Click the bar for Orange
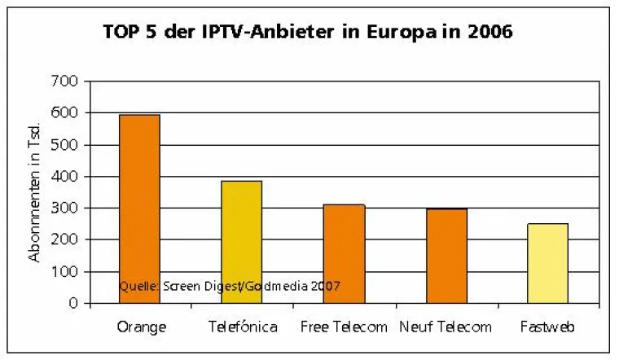(x=139, y=209)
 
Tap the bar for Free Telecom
(x=344, y=253)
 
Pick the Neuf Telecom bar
(x=446, y=256)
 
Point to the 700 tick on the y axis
(x=66, y=81)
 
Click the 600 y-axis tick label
(x=66, y=113)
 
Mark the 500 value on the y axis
(x=66, y=145)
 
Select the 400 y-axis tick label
(x=66, y=177)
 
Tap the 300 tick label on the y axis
(x=66, y=209)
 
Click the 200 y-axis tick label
(x=66, y=240)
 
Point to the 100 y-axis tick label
(x=66, y=272)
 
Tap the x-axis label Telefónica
(x=242, y=327)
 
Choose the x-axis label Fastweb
(x=548, y=327)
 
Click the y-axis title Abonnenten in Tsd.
(x=34, y=192)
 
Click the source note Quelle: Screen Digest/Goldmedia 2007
(x=229, y=287)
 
